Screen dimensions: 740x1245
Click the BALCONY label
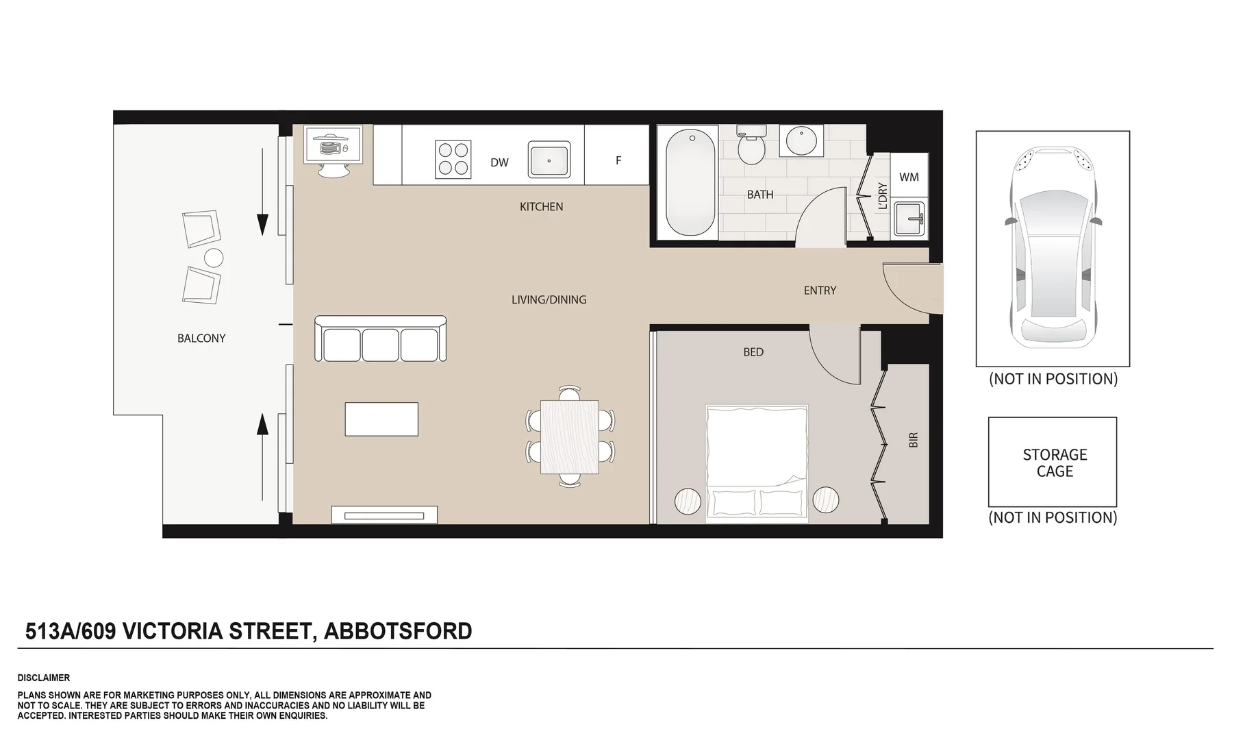click(x=201, y=338)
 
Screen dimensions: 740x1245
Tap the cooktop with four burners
click(x=453, y=158)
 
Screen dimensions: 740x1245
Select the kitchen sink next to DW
click(x=549, y=160)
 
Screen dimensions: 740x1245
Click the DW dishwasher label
click(x=499, y=163)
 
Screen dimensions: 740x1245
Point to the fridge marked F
click(x=618, y=160)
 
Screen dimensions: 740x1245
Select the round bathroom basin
click(x=801, y=141)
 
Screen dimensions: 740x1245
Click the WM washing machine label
click(x=909, y=177)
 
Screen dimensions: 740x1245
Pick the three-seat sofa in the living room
click(x=381, y=339)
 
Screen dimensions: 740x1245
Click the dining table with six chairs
click(x=570, y=437)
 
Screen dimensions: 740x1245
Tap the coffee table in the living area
click(x=381, y=419)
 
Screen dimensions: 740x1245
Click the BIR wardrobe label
click(x=913, y=441)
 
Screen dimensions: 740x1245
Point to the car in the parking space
click(x=1053, y=248)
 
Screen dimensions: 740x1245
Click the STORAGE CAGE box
click(x=1053, y=463)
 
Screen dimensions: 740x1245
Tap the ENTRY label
click(x=820, y=291)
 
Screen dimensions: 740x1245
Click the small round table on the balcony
click(x=214, y=258)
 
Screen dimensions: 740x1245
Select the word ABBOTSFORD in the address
click(x=398, y=631)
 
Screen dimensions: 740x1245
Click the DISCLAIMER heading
click(x=44, y=678)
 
